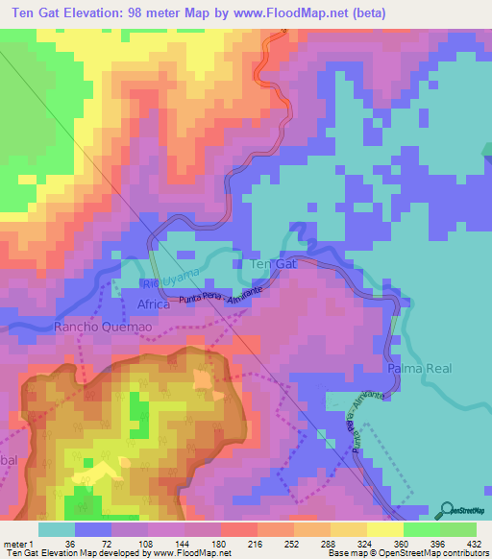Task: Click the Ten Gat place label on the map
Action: pyautogui.click(x=273, y=263)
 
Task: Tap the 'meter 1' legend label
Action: pyautogui.click(x=18, y=543)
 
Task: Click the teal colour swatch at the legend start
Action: pyautogui.click(x=56, y=528)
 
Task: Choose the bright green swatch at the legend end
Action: pyautogui.click(x=458, y=528)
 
